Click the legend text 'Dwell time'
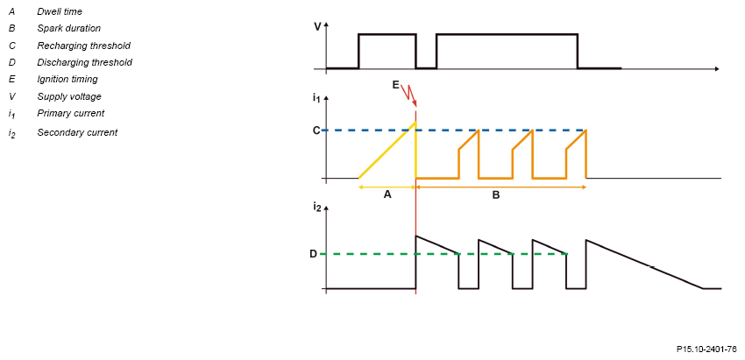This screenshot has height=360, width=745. point(60,11)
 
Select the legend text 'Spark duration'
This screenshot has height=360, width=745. point(69,29)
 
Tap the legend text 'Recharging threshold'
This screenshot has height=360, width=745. point(83,46)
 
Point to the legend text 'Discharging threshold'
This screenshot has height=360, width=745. point(84,62)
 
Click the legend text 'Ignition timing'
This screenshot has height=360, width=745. point(67,80)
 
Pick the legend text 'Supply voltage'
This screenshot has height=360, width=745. point(69,96)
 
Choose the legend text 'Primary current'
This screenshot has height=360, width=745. point(71,114)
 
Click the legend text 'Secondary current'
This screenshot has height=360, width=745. point(77,132)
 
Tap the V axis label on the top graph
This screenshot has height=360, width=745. point(317,26)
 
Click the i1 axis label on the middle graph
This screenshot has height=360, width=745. point(316,98)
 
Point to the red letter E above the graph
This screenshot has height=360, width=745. point(396,85)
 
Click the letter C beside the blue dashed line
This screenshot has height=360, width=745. point(316,131)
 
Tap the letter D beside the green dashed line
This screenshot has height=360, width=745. point(313,254)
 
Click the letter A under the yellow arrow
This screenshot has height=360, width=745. point(387,194)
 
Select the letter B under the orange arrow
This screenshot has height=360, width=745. point(495,194)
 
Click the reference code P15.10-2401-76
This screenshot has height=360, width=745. point(706,349)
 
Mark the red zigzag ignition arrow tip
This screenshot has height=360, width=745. point(415,108)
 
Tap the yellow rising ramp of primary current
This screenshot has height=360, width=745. point(387,150)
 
